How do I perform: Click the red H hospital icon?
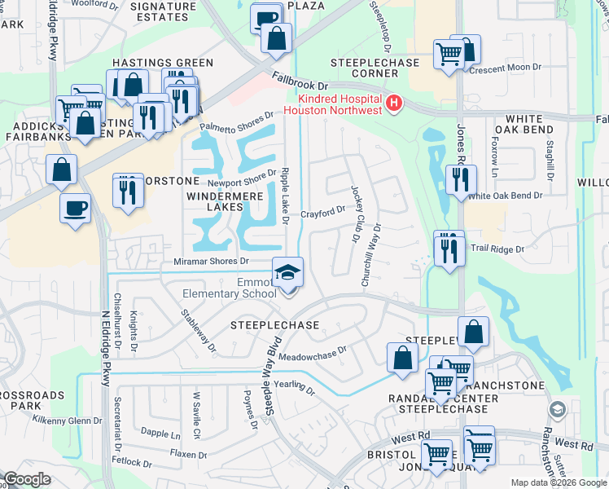[394, 103]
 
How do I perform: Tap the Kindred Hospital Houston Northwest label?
[334, 104]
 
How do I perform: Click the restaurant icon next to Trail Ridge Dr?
[448, 249]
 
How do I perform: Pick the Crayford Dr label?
[323, 214]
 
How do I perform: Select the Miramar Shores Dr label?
[211, 262]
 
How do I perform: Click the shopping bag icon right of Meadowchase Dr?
[402, 357]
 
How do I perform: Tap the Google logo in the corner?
[27, 479]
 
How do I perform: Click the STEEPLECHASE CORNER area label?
[375, 68]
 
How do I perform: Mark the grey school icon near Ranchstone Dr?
[558, 409]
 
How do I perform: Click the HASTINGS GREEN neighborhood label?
[161, 63]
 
